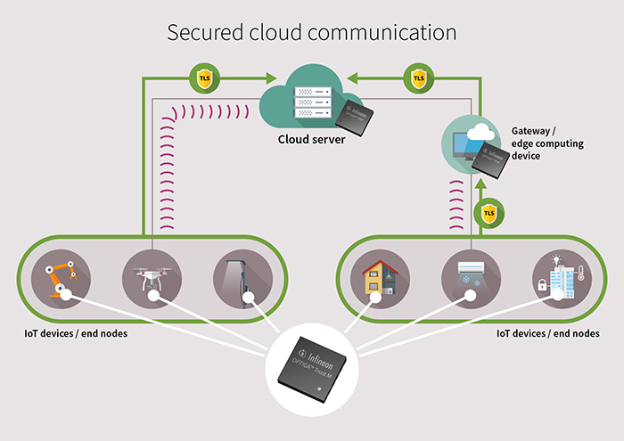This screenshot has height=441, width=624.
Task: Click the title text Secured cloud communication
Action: pyautogui.click(x=312, y=33)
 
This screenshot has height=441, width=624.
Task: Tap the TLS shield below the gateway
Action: pyautogui.click(x=489, y=214)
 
